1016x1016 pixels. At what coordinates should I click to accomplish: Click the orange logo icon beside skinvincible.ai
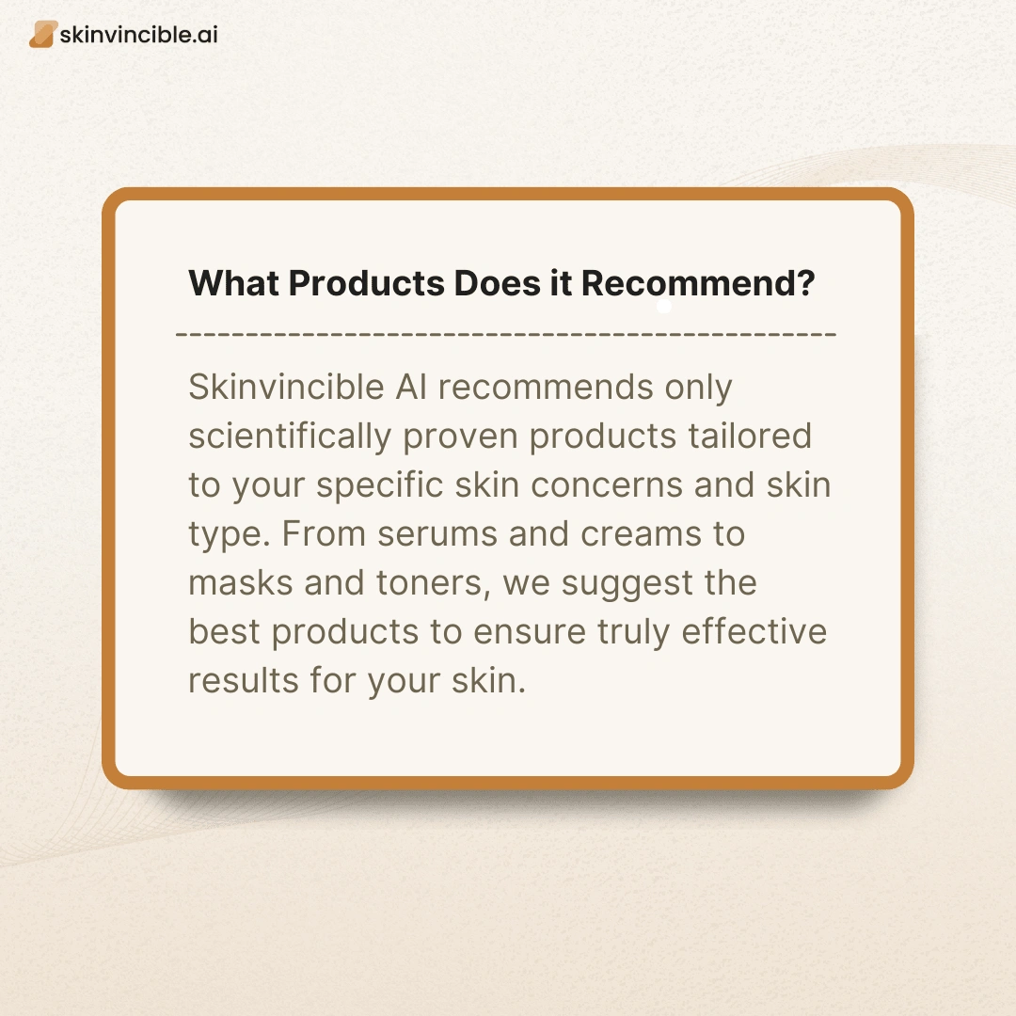pyautogui.click(x=42, y=35)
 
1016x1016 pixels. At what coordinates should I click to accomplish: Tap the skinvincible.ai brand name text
pyautogui.click(x=138, y=35)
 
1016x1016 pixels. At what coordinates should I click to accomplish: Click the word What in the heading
pyautogui.click(x=233, y=283)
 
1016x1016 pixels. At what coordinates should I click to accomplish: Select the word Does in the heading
pyautogui.click(x=497, y=283)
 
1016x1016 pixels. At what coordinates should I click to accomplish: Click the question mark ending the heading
pyautogui.click(x=804, y=283)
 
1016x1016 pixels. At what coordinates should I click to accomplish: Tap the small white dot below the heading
pyautogui.click(x=664, y=306)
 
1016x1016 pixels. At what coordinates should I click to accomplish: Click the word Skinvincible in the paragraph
pyautogui.click(x=286, y=387)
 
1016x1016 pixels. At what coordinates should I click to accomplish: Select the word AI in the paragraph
pyautogui.click(x=411, y=387)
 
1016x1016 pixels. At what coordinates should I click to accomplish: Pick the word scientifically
pyautogui.click(x=290, y=437)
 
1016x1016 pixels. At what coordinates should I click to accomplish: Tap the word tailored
pyautogui.click(x=750, y=436)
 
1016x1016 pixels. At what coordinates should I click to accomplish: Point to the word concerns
pyautogui.click(x=607, y=485)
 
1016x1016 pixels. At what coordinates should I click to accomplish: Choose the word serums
pyautogui.click(x=437, y=534)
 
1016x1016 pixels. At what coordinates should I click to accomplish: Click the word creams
pyautogui.click(x=641, y=534)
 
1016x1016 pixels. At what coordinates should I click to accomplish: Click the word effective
pyautogui.click(x=754, y=631)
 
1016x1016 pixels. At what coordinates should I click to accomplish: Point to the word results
pyautogui.click(x=244, y=681)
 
